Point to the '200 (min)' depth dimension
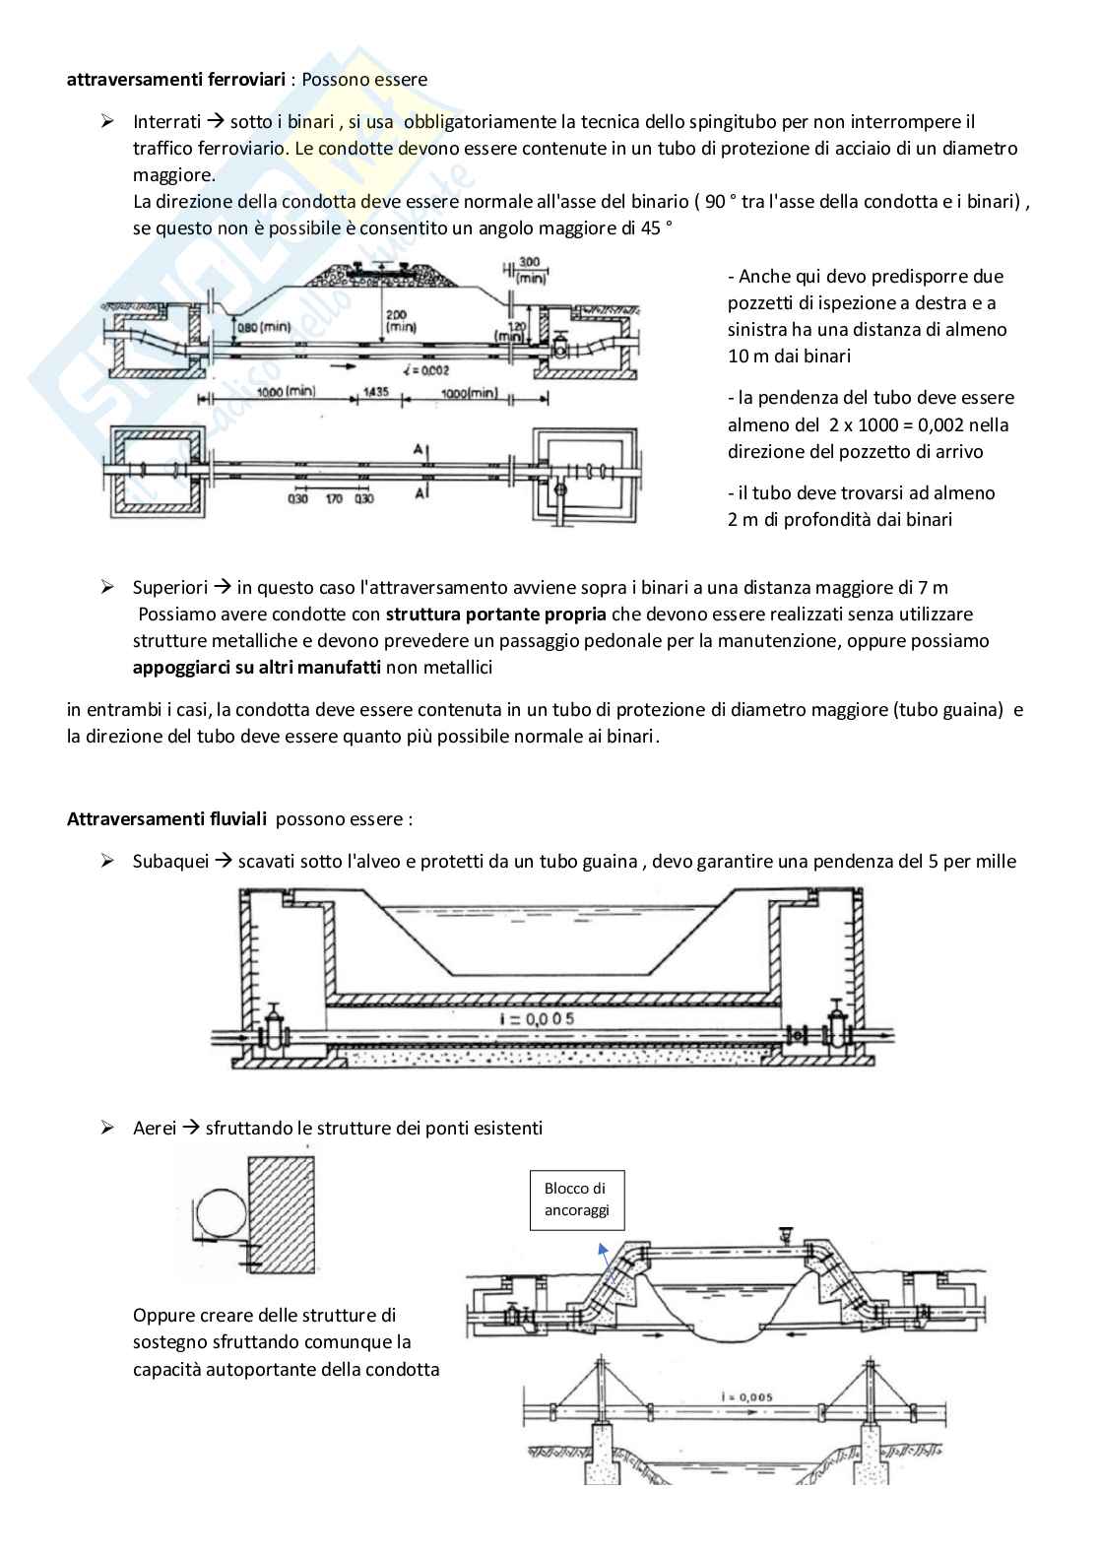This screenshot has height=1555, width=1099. tap(399, 319)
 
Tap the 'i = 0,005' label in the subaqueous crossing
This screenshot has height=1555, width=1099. tap(537, 1018)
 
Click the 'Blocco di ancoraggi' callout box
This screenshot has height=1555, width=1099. tap(576, 1199)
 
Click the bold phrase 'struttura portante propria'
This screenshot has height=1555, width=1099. tap(496, 615)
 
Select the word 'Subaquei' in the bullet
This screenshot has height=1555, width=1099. tap(170, 862)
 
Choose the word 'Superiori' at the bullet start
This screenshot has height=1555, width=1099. tap(170, 588)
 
